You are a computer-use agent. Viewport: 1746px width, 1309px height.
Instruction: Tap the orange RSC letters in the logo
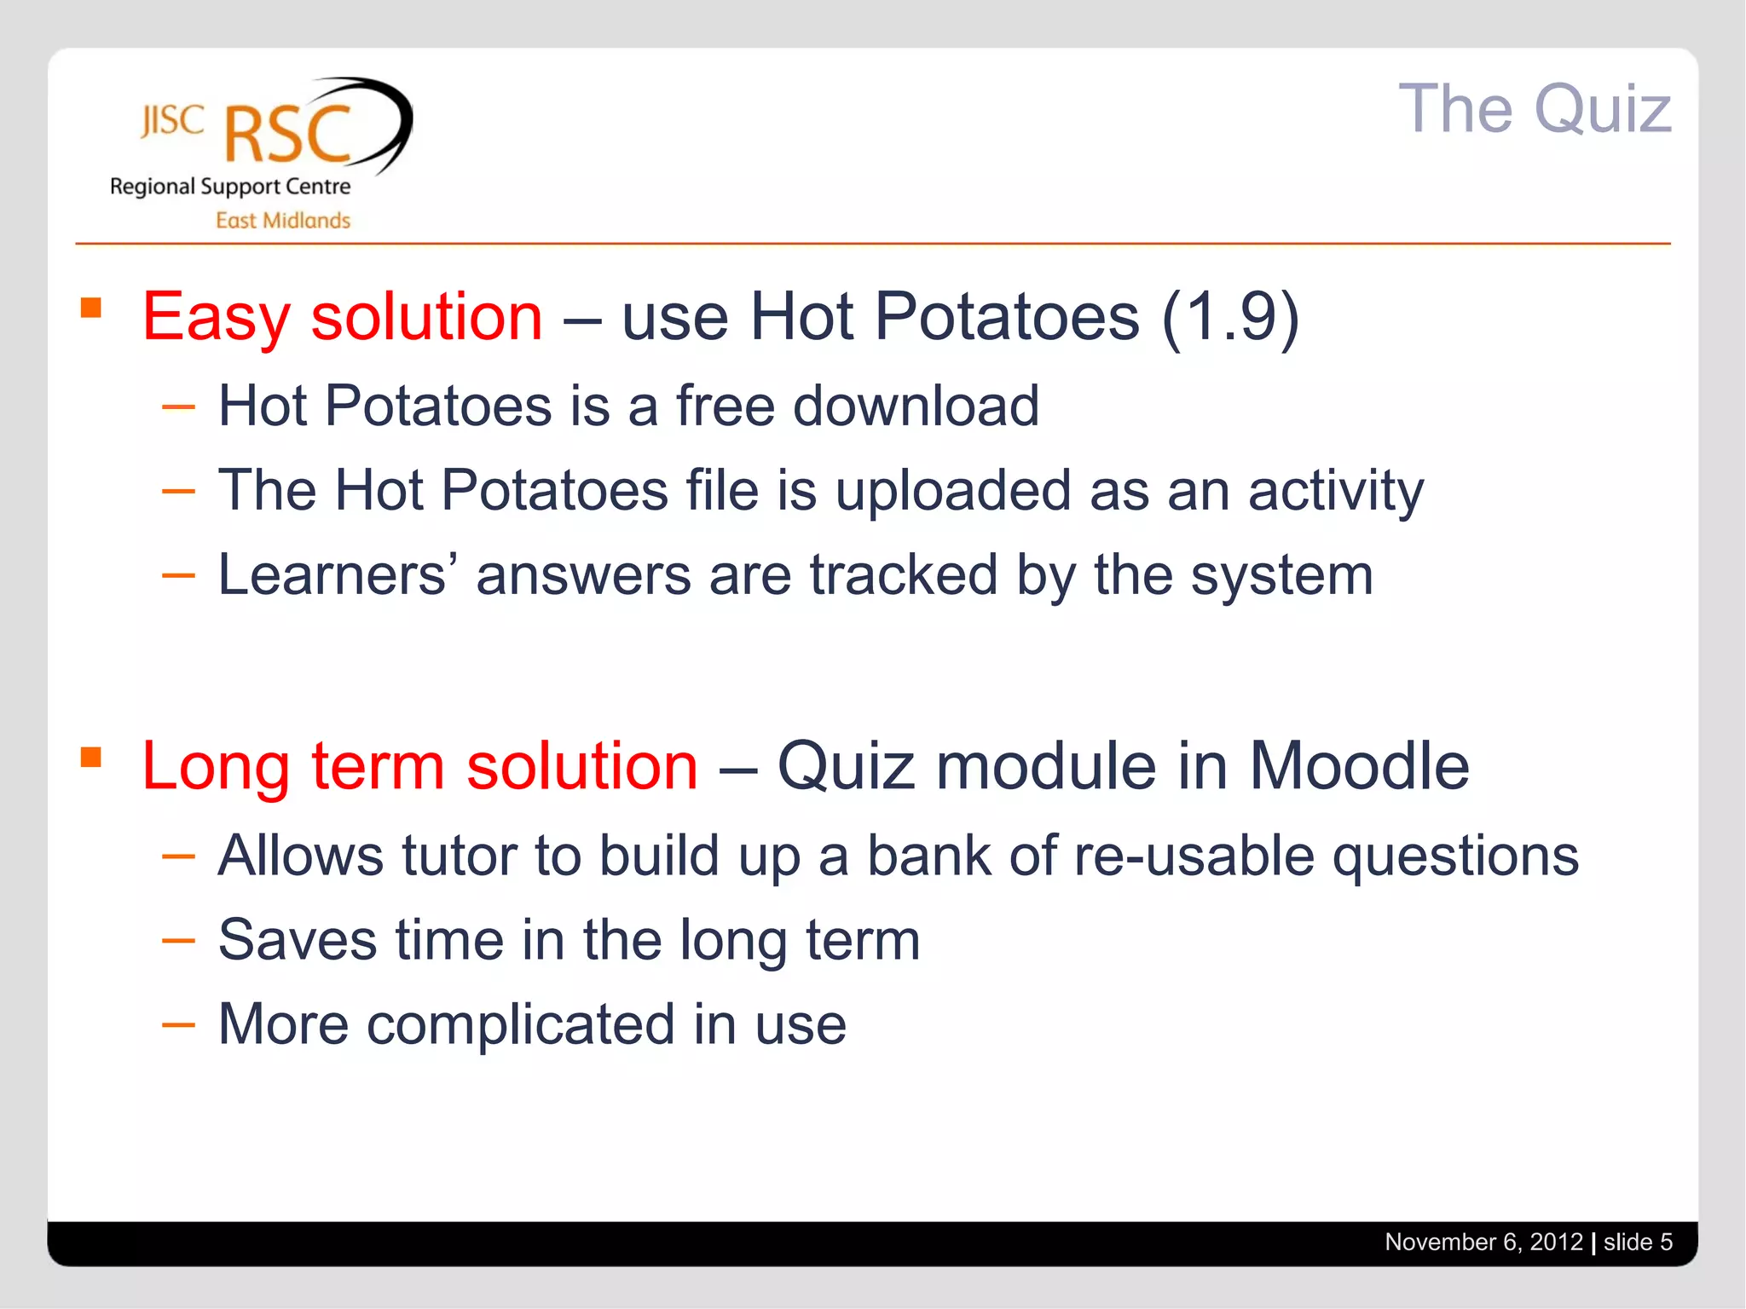288,135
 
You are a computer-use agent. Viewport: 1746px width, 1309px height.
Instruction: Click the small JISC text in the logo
172,121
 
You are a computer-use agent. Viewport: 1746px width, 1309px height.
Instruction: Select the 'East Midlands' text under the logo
283,221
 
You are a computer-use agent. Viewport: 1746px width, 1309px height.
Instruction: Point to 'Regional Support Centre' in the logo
230,187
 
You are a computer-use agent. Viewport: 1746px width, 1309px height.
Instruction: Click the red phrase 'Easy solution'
342,317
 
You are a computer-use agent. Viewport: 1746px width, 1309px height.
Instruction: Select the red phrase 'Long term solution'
419,766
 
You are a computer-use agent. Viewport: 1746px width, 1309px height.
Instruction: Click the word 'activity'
1335,492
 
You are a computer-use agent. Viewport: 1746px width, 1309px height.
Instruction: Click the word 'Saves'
298,940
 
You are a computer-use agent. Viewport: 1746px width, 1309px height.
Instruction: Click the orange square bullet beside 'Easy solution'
91,307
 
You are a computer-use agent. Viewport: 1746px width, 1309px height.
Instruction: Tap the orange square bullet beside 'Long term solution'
91,757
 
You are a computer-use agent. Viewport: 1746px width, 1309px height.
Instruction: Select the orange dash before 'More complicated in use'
178,1024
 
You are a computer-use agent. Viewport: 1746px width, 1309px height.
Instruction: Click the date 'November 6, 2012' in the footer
1483,1243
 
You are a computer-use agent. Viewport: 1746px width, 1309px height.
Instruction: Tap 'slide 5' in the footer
1638,1243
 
